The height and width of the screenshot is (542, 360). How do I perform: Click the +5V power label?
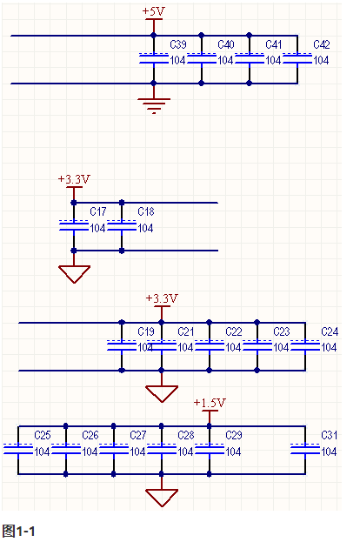coord(153,11)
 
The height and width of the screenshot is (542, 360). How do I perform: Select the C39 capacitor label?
coord(178,44)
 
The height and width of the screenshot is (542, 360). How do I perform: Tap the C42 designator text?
coord(322,44)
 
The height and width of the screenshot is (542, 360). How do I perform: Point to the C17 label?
coord(98,211)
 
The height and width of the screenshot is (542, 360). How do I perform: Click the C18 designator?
coord(146,211)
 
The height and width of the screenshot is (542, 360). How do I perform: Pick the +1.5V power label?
coord(210,403)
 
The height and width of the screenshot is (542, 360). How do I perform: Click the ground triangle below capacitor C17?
coord(74,274)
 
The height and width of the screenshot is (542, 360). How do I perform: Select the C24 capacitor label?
coord(330,331)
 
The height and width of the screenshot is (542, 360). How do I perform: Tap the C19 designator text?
coord(146,331)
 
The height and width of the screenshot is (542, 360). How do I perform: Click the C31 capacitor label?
coord(330,435)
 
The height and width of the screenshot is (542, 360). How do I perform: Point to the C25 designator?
coord(43,435)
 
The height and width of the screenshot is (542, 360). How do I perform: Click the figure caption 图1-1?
coord(18,531)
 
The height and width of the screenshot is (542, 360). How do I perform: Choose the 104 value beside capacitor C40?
coord(225,61)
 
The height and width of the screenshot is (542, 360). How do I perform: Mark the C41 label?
coord(274,44)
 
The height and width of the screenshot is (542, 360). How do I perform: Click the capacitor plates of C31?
coord(305,449)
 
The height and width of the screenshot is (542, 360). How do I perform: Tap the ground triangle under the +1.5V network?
coord(162,498)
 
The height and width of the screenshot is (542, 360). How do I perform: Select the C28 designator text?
coord(186,435)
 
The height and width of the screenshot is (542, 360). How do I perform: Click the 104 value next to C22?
coord(234,347)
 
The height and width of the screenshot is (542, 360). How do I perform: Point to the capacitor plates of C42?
coord(297,58)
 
